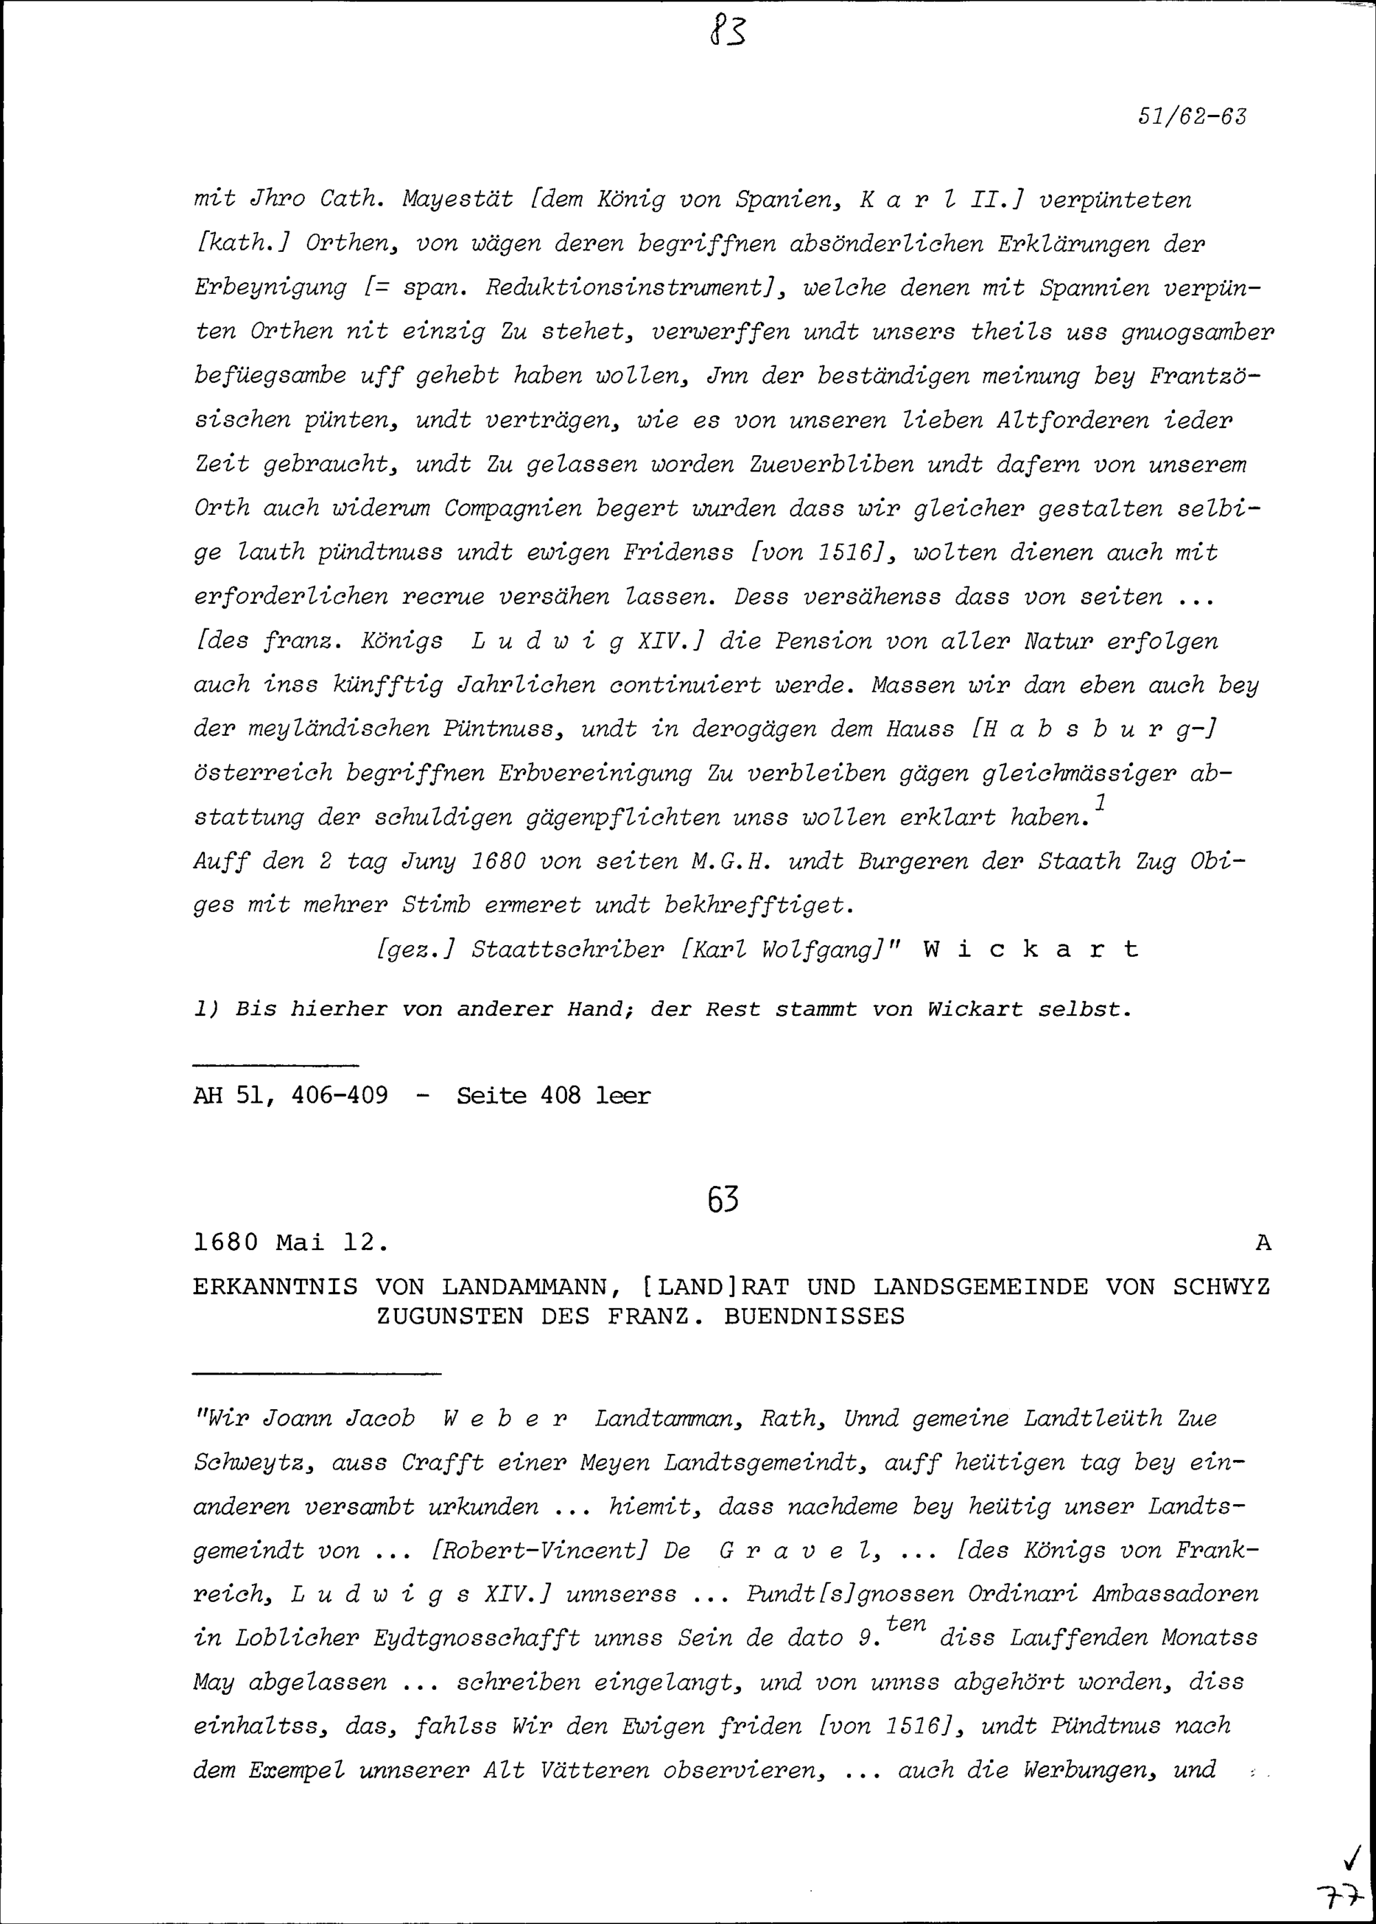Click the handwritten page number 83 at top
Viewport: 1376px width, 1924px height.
728,33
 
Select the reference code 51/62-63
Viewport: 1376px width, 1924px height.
1192,116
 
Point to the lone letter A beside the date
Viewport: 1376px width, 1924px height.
1263,1243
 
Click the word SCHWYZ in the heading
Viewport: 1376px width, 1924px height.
1221,1287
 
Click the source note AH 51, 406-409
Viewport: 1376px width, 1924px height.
290,1096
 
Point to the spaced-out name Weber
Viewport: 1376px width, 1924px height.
505,1419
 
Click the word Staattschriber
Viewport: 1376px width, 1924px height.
568,949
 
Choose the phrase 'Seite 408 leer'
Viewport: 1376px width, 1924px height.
553,1096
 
